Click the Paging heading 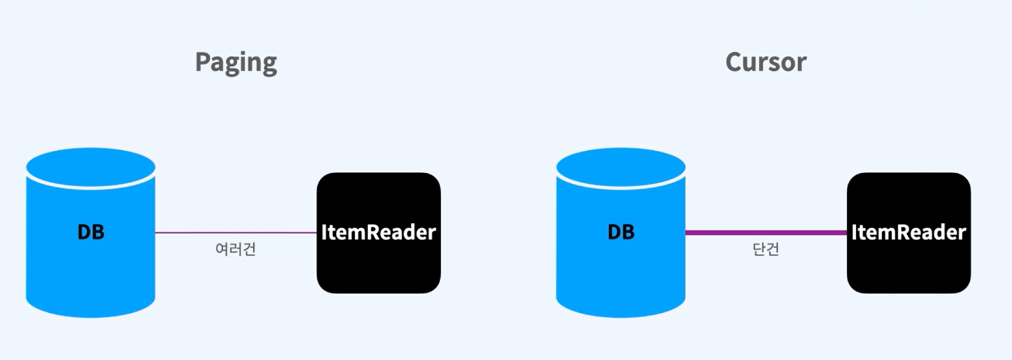(236, 63)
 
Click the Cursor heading (766, 62)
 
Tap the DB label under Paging (91, 232)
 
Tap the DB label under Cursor (621, 232)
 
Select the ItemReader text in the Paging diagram (379, 232)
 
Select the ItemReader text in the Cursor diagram (908, 232)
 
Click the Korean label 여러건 (235, 250)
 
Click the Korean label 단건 (766, 250)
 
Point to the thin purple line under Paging (236, 233)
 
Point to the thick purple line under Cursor (766, 233)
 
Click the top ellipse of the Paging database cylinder (91, 166)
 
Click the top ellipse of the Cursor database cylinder (621, 166)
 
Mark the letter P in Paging (202, 62)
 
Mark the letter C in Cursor (734, 62)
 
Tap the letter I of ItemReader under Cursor (854, 232)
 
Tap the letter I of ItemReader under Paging (324, 232)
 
